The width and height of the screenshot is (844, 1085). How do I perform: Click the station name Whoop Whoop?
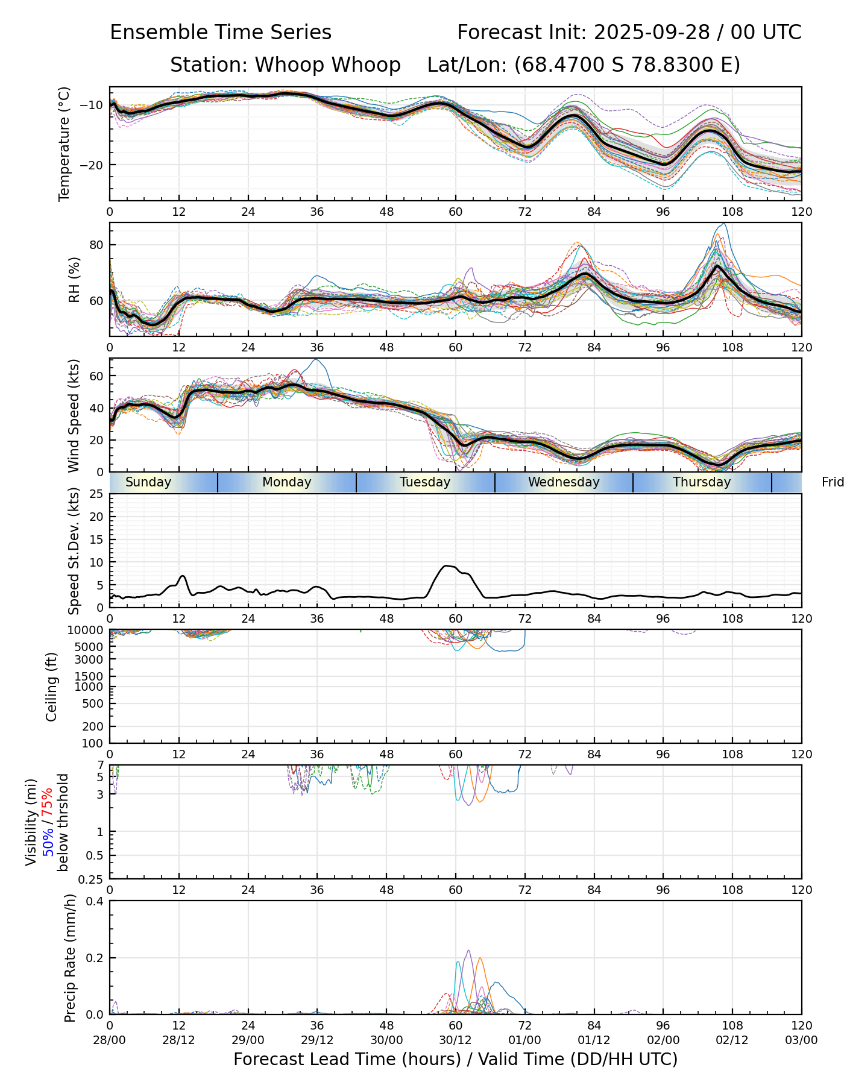[327, 65]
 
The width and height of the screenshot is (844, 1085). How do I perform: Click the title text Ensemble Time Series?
[221, 33]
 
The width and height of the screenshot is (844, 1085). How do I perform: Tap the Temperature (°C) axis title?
[65, 143]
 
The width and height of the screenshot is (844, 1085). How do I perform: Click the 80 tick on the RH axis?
[96, 245]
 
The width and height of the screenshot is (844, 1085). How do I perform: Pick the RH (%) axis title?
[74, 280]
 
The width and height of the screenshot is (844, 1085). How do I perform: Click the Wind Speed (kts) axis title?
[74, 415]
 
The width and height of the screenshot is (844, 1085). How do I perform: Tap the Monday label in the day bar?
[287, 482]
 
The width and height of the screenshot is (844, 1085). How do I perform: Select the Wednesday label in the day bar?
[564, 482]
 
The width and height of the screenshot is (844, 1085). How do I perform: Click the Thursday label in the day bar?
[702, 482]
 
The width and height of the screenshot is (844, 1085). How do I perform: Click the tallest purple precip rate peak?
[468, 951]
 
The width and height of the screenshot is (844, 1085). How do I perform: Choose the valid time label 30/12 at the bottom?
[456, 1040]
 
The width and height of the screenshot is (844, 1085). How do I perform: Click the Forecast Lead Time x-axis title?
[455, 1060]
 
